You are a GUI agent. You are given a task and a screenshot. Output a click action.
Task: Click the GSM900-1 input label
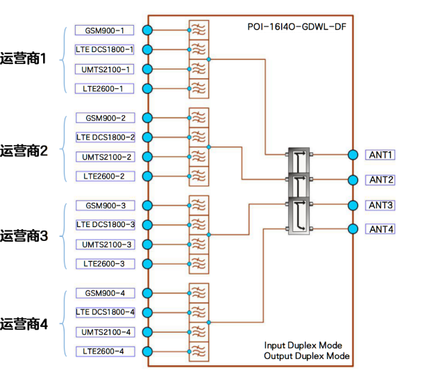[x=105, y=30]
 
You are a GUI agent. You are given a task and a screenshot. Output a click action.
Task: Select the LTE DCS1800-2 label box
[x=105, y=137]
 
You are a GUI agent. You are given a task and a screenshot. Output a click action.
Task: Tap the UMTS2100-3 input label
[x=105, y=244]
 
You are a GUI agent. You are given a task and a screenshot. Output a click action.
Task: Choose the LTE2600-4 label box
[x=105, y=351]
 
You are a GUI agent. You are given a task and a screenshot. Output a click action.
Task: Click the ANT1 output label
[x=381, y=154]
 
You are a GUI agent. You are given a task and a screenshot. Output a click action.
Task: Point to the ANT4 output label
[x=381, y=229]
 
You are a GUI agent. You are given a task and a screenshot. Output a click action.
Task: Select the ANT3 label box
[x=381, y=205]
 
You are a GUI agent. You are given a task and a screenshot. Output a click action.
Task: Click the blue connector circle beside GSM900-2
[x=146, y=118]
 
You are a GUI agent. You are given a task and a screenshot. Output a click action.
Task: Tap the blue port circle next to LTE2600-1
[x=146, y=89]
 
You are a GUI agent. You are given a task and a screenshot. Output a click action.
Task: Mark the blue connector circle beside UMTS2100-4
[x=146, y=332]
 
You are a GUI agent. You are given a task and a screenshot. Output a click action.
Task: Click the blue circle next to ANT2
[x=353, y=180]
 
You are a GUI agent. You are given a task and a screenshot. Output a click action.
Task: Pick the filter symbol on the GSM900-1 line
[x=198, y=30]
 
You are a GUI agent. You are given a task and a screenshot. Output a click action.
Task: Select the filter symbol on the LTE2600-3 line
[x=198, y=264]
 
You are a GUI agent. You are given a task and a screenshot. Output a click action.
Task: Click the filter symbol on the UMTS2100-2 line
[x=198, y=157]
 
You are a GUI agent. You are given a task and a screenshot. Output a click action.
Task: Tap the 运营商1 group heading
[x=24, y=59]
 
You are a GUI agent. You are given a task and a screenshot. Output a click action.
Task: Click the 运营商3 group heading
[x=24, y=235]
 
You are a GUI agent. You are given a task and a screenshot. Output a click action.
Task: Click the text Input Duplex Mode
[x=303, y=345]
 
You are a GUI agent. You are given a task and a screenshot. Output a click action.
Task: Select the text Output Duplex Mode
[x=306, y=357]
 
